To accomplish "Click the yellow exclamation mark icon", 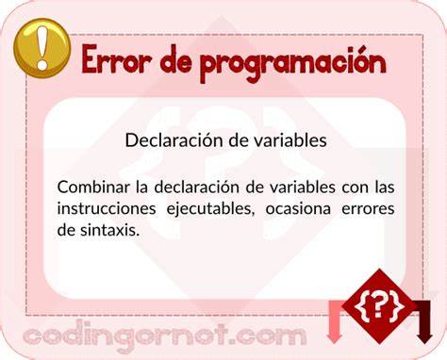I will coord(41,47).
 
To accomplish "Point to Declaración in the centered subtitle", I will coord(173,140).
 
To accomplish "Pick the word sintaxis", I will coord(108,230).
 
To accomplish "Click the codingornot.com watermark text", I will coord(165,335).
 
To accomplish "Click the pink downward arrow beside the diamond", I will coord(335,321).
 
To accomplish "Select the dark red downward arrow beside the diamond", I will coord(424,321).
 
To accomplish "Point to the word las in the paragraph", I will coord(382,185).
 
